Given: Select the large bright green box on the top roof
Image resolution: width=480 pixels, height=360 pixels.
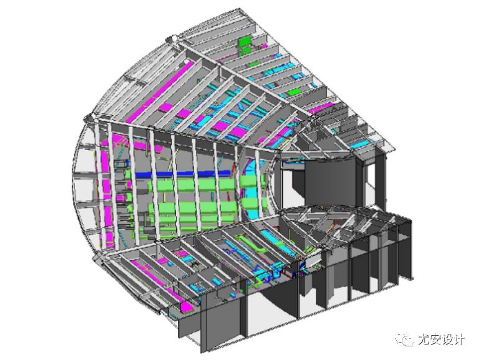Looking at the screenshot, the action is pos(244,42).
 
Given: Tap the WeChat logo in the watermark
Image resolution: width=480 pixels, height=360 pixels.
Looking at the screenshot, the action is pos(404,339).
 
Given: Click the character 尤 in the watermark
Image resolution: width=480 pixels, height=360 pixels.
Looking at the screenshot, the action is pos(424,339).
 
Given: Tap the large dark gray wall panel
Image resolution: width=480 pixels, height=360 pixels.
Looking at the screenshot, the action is pos(331,183).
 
